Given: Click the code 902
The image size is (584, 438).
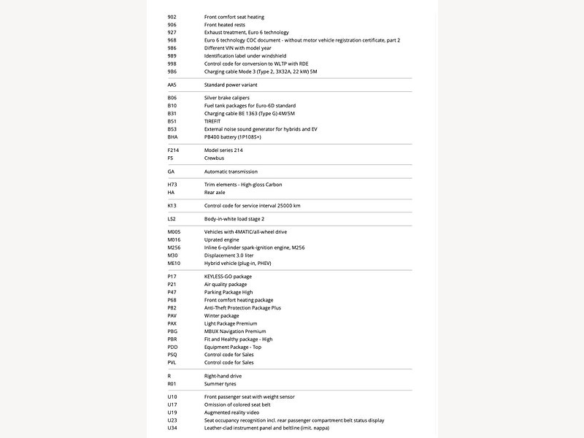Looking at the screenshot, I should pos(172,17).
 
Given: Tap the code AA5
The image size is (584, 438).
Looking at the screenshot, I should pos(172,85).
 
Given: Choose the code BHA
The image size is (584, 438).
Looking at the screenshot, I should pos(172,137).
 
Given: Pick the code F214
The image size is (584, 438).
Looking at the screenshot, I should pos(173,150).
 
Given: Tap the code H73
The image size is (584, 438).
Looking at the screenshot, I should pos(172,185).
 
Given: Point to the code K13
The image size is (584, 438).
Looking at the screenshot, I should pos(172,206).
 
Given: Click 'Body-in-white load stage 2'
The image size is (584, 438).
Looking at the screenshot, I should pos(234,219).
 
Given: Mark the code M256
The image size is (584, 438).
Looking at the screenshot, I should pos(174,247).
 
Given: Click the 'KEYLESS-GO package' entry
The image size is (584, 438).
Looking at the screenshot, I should pos(228,277).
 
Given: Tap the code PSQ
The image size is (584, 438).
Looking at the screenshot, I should pos(172,355).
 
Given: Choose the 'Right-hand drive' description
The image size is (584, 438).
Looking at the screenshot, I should pos(223,376).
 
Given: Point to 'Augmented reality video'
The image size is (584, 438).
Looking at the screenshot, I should pos(231,412).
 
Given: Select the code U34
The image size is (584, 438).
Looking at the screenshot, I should pos(172,428).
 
